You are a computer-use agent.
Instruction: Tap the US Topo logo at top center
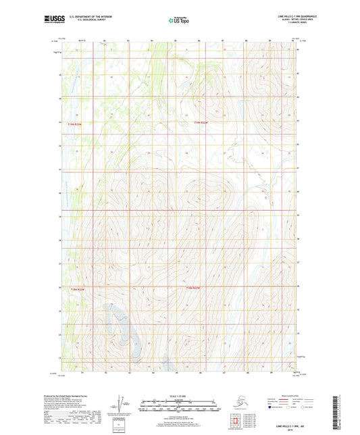click(x=178, y=21)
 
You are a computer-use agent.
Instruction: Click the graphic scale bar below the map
click(x=179, y=407)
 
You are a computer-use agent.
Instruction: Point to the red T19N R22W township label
click(x=201, y=122)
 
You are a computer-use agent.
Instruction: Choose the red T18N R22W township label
click(x=193, y=288)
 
